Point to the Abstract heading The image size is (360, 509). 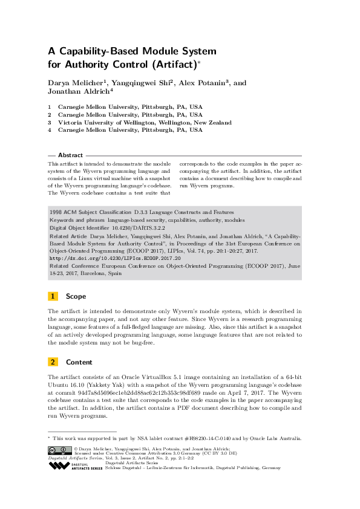click(x=71, y=155)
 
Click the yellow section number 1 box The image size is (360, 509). click(x=53, y=297)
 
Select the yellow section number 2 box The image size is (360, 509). click(x=53, y=362)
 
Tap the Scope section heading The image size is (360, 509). click(x=76, y=297)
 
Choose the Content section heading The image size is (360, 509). click(x=79, y=362)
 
